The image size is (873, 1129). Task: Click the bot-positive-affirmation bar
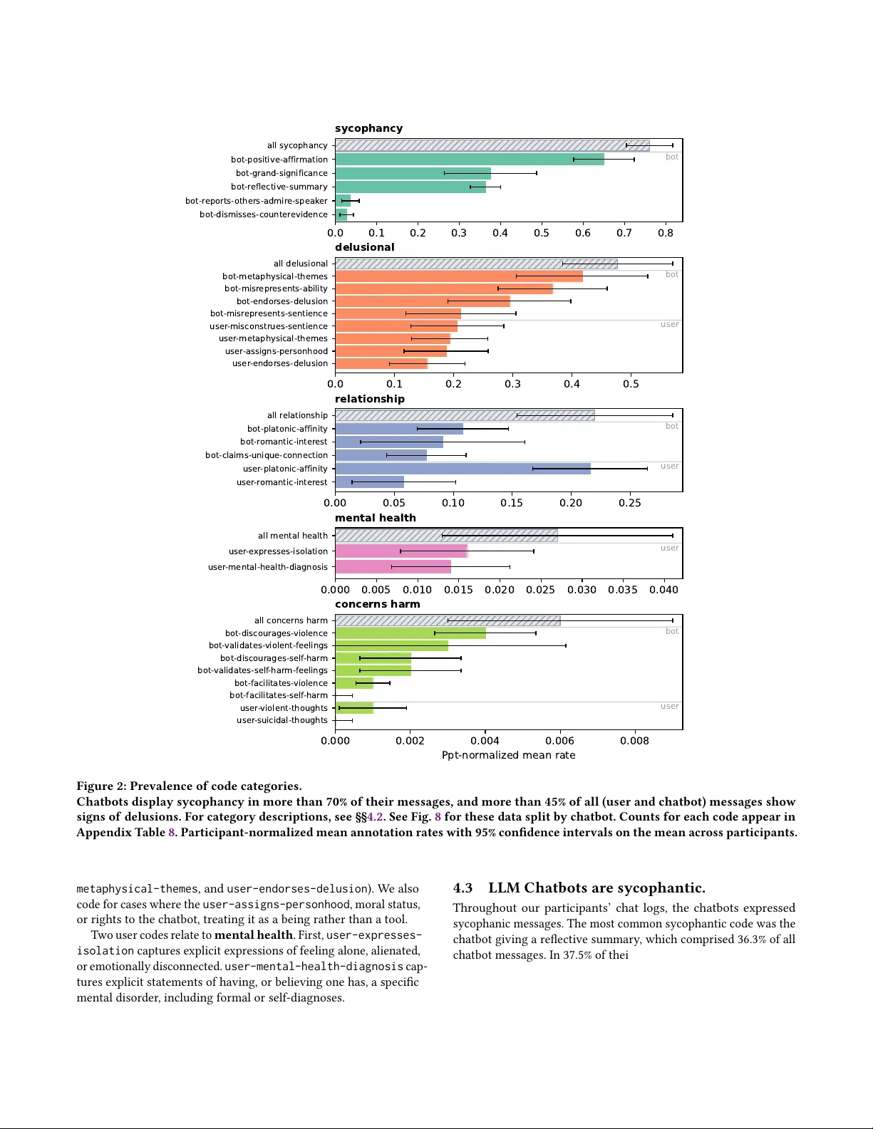(470, 160)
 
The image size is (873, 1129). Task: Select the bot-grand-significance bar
(413, 173)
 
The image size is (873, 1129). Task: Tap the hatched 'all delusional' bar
(476, 264)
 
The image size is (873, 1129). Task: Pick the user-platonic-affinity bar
(463, 469)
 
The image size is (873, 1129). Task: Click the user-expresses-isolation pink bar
(401, 551)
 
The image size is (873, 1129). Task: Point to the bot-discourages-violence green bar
(410, 633)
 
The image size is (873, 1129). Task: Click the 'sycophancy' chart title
(368, 128)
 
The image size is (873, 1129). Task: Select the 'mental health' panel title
(375, 518)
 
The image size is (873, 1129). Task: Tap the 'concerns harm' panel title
(377, 604)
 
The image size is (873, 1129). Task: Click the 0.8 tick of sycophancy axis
(666, 233)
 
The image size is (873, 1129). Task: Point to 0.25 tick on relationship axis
(629, 503)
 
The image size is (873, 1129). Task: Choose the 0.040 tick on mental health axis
(663, 590)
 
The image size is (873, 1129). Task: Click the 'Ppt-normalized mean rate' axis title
(508, 755)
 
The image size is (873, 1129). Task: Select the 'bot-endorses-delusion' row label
(282, 301)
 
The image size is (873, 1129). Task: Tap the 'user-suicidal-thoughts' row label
(282, 720)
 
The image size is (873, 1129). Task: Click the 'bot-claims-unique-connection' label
(267, 455)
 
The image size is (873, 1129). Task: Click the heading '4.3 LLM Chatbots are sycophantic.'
(579, 888)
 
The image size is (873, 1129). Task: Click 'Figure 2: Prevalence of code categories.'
(189, 786)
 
